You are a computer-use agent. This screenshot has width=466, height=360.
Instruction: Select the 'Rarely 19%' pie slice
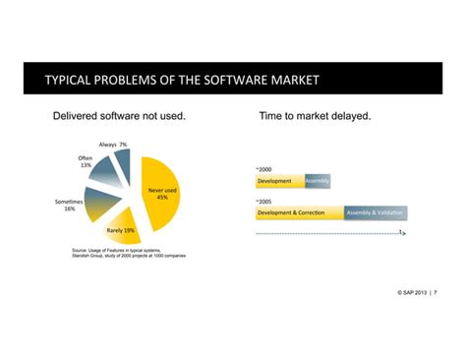122,230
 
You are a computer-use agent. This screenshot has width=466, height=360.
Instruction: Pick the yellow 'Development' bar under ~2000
279,181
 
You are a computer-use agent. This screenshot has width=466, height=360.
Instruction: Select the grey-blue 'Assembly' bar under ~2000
318,181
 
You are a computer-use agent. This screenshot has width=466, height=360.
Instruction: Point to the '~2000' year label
263,169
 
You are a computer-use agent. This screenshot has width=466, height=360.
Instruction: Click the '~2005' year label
263,201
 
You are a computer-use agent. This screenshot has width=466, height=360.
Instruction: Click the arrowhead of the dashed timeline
403,234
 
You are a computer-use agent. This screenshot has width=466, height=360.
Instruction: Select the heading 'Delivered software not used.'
119,116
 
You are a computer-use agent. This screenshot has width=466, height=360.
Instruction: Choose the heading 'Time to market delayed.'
315,116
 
